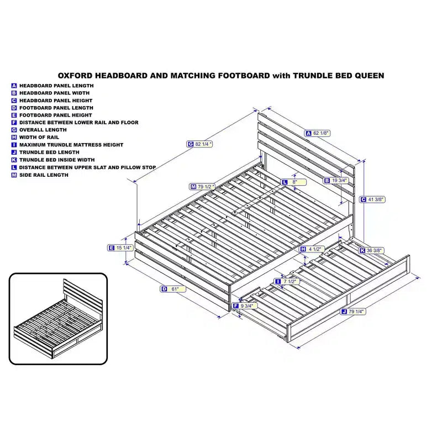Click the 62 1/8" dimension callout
[x=317, y=133]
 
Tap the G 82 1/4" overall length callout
[x=199, y=144]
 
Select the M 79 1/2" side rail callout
[x=202, y=187]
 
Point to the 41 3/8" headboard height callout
[x=372, y=199]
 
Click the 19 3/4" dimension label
[x=336, y=181]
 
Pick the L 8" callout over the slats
[x=293, y=182]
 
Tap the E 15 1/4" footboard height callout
[x=120, y=248]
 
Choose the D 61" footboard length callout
[x=173, y=289]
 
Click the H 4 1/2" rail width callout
[x=312, y=249]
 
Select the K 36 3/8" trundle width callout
[x=371, y=250]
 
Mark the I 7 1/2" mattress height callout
[x=287, y=282]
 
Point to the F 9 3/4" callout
[x=244, y=306]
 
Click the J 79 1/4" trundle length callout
[x=353, y=312]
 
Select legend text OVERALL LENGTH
[x=43, y=130]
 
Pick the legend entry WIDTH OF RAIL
[x=39, y=137]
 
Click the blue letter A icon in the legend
[x=14, y=86]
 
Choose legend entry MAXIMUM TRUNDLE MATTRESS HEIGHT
[x=71, y=145]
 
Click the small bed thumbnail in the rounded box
[x=59, y=319]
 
